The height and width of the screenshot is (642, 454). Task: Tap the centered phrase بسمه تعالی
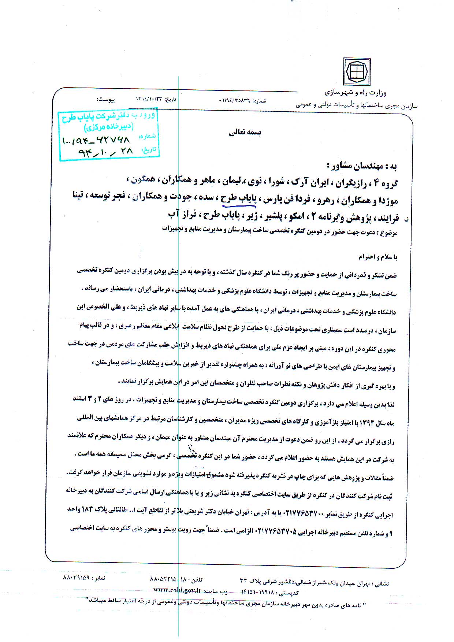[x=245, y=133]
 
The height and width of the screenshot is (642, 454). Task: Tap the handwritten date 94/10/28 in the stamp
[x=106, y=152]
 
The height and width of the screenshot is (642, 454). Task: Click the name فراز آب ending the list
[x=178, y=214]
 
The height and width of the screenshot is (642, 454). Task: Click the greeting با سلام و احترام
[x=377, y=257]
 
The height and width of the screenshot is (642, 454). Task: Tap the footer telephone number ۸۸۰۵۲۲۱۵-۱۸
[x=168, y=580]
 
